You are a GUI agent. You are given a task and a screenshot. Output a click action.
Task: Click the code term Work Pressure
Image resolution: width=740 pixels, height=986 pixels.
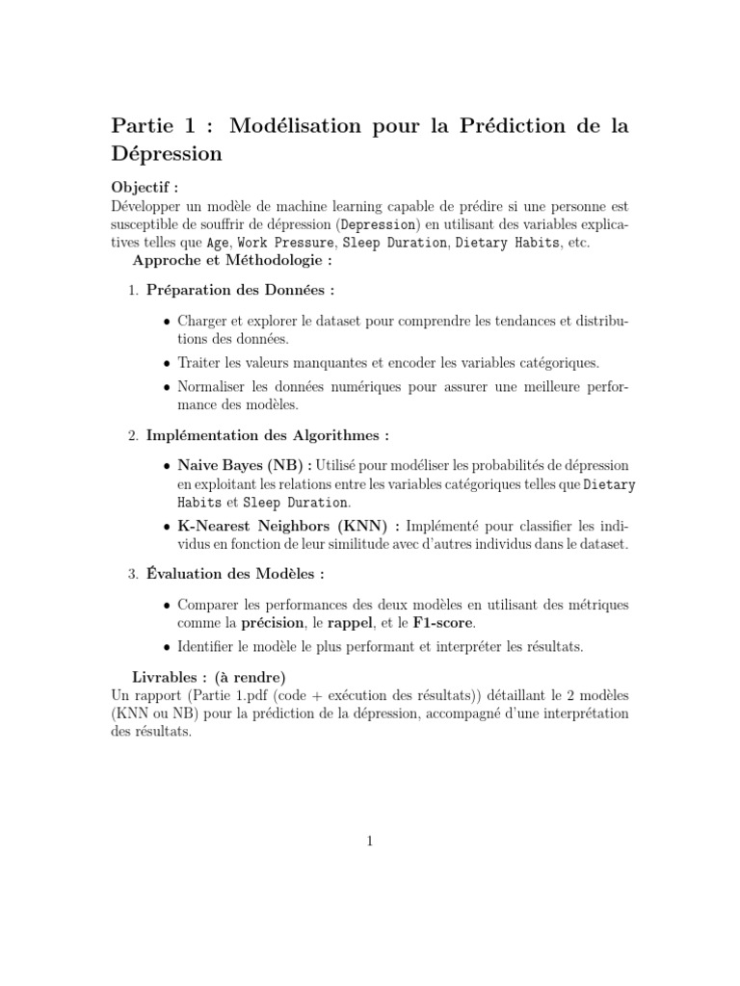[285, 243]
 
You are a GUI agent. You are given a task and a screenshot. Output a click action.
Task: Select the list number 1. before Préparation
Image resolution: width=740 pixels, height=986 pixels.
[134, 290]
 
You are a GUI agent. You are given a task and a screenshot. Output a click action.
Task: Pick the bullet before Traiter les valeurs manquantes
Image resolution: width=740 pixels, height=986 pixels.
[169, 363]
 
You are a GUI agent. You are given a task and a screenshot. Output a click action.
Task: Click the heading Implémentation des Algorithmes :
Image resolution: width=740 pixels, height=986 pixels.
[268, 436]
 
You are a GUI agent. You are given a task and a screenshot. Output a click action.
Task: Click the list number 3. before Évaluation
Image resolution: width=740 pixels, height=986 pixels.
[134, 575]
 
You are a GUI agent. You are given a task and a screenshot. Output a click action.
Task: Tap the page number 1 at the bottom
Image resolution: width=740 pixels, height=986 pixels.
[370, 842]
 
